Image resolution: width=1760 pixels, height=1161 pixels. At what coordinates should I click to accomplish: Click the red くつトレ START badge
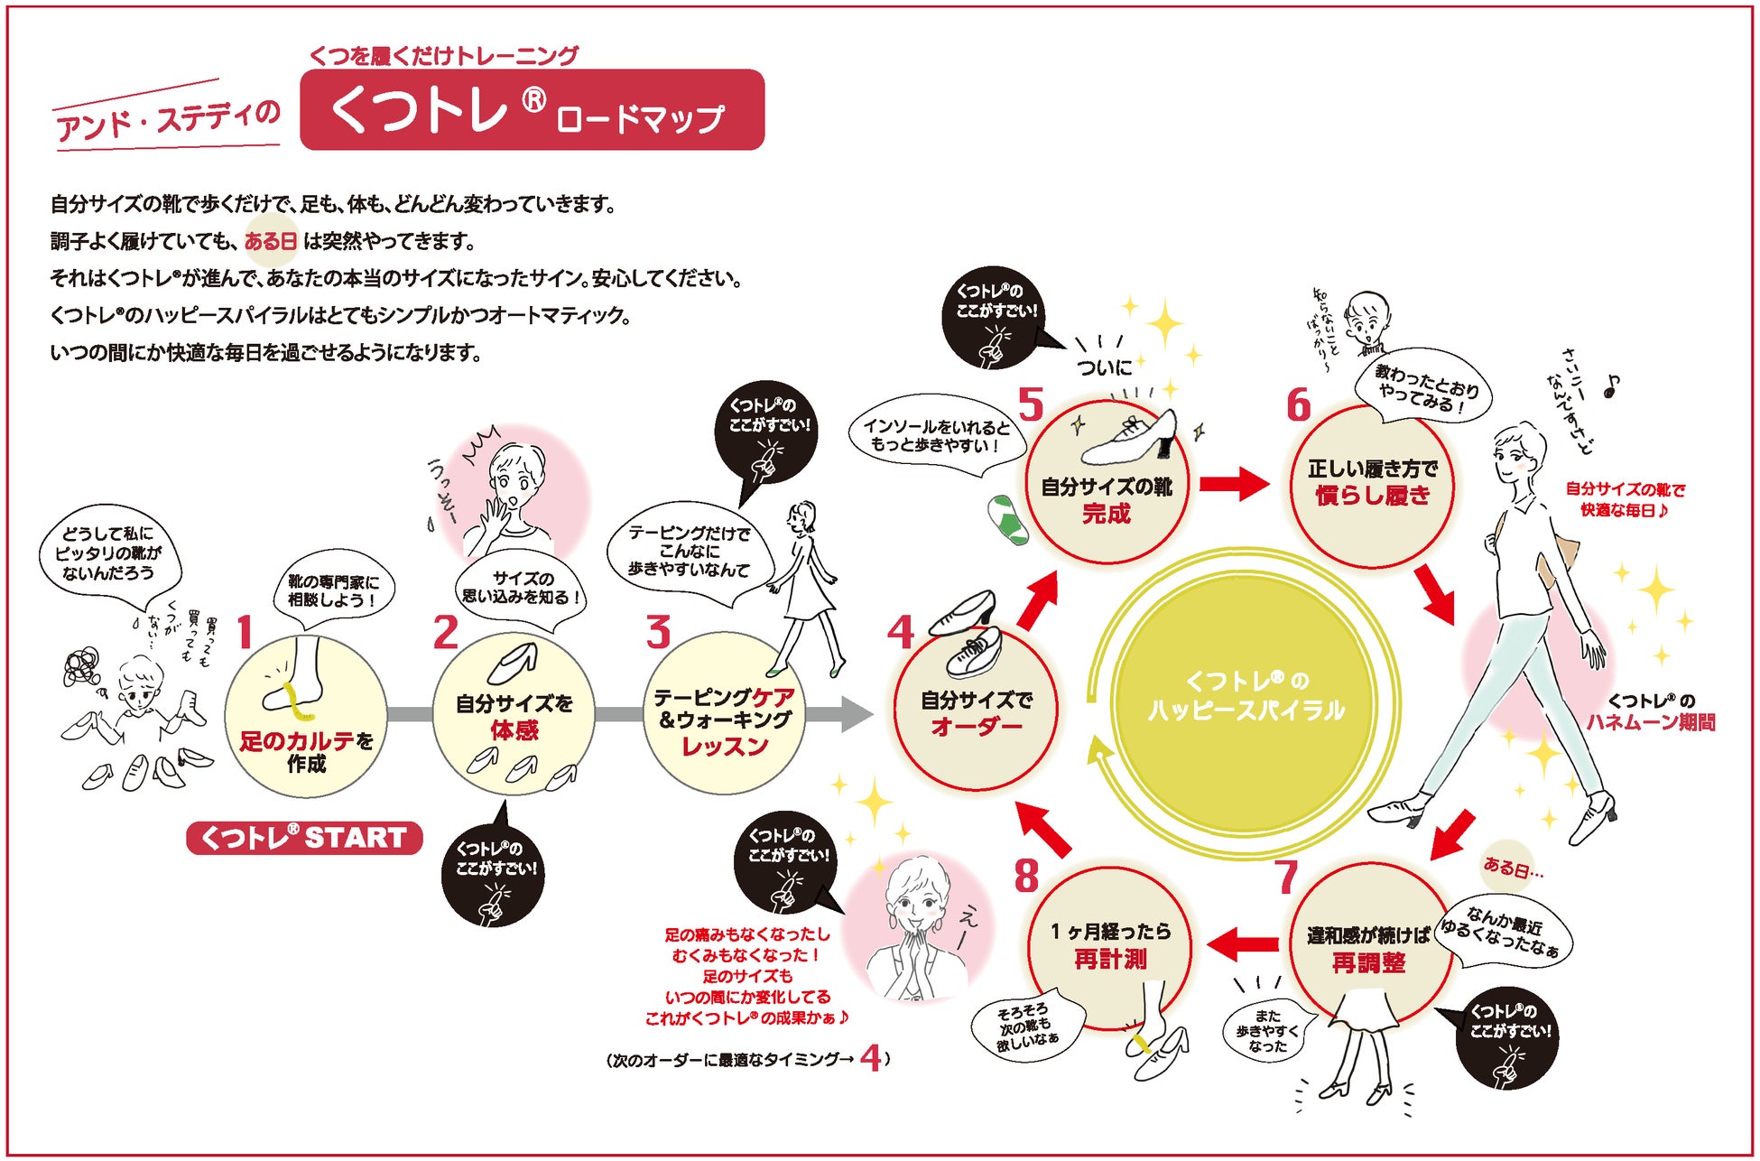point(304,838)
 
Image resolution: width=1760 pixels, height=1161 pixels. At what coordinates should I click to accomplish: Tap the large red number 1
point(244,632)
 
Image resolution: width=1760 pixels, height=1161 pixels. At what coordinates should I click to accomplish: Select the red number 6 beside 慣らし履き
point(1298,405)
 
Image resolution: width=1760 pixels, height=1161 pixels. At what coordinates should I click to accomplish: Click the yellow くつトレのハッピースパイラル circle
point(1246,696)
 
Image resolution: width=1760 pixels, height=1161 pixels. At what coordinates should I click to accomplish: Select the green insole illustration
point(1007,521)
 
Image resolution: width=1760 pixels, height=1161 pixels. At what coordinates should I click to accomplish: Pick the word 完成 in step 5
point(1107,515)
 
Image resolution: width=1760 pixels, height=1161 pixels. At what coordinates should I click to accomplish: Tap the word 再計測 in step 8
point(1110,960)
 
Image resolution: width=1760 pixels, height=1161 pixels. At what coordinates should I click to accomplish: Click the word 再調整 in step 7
point(1368,963)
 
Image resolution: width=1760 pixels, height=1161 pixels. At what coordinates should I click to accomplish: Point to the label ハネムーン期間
point(1651,722)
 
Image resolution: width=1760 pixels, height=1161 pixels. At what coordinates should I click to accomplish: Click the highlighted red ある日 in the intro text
point(271,241)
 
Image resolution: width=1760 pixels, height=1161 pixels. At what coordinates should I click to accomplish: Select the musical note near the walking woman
point(1611,386)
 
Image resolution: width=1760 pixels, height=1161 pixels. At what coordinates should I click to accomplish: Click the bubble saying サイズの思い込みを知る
point(522,588)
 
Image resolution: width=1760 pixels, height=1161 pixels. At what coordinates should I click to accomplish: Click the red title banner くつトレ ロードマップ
point(532,110)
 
